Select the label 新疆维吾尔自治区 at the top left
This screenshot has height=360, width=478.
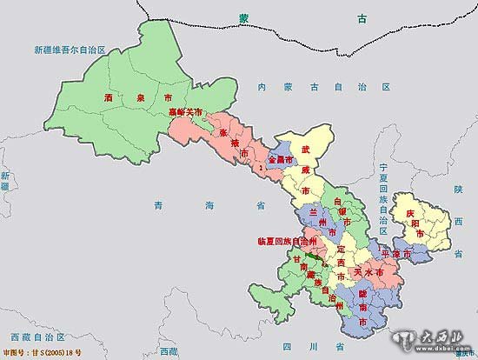click(69, 51)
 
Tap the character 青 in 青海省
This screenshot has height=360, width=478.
click(158, 205)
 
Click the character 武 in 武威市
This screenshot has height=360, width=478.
click(305, 150)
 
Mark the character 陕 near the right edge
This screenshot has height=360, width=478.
click(456, 188)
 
